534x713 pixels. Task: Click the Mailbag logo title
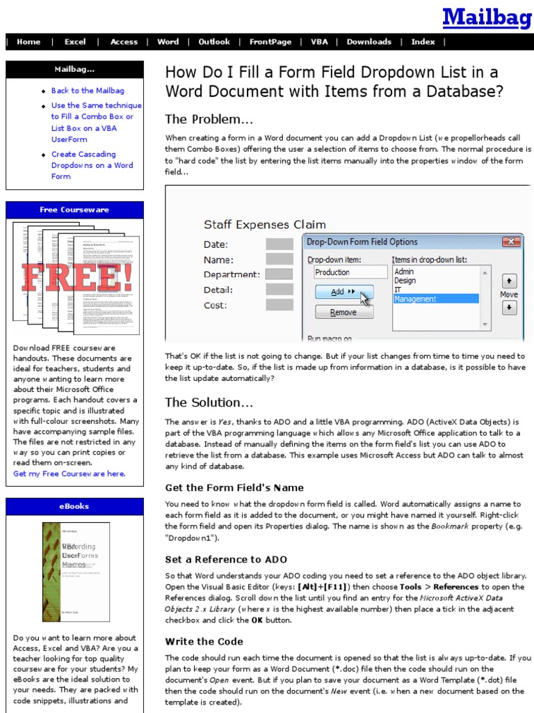tap(486, 17)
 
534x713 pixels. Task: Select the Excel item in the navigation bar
tap(75, 42)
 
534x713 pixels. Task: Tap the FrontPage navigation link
tap(270, 42)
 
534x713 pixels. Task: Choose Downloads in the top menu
tap(369, 42)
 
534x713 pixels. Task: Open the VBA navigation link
tap(319, 42)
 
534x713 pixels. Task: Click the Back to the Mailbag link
tap(88, 91)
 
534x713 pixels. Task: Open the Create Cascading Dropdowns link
tap(92, 165)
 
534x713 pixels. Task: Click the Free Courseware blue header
tap(74, 210)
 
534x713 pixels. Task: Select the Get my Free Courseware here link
tap(70, 473)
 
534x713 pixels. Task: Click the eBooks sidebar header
tap(74, 506)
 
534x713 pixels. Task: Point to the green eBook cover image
tap(76, 572)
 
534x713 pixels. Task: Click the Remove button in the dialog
tap(343, 313)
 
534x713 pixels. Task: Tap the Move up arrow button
tap(509, 280)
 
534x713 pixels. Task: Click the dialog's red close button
tap(512, 242)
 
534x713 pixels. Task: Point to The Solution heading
tap(209, 402)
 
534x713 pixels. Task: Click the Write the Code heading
tap(204, 641)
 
